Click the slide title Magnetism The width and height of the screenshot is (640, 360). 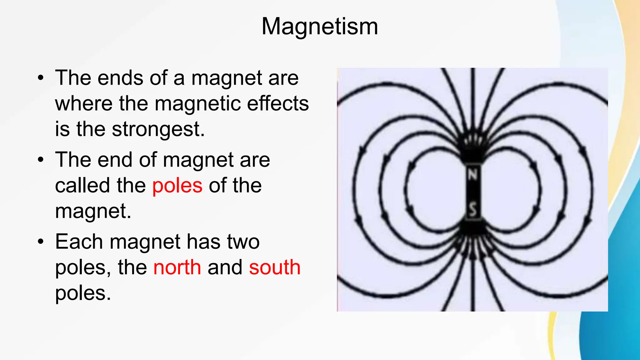320,26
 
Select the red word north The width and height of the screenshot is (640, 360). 177,267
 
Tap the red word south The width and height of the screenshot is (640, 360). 275,267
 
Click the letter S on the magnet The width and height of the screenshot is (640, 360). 473,209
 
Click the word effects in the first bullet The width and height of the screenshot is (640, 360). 278,103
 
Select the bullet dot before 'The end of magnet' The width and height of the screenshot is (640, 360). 41,160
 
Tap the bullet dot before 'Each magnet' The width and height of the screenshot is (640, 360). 41,242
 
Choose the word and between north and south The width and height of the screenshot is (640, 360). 225,267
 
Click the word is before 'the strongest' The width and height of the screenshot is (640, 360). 62,129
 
